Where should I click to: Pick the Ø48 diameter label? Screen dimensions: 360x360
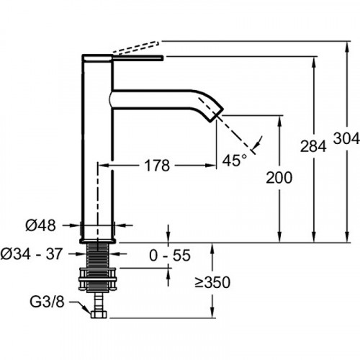coord(39,226)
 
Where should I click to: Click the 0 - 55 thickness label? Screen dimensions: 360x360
coord(171,254)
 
